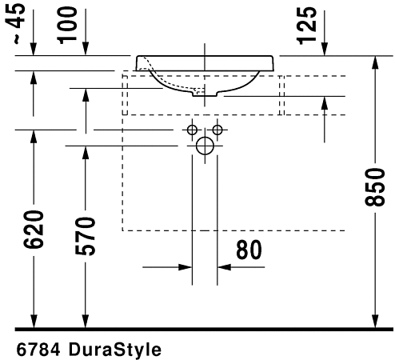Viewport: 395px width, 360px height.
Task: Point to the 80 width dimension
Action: (249, 250)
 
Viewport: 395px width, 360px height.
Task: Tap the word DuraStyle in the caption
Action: (115, 350)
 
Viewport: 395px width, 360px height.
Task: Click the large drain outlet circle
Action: (205, 146)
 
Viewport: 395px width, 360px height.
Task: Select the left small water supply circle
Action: (193, 130)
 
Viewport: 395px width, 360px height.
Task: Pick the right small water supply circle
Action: (217, 130)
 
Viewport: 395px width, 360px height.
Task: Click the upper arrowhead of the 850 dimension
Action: (375, 63)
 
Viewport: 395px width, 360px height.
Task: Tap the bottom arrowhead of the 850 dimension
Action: (375, 322)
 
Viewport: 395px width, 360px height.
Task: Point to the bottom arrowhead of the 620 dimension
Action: (34, 322)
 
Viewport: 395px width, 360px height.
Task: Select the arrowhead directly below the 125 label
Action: (325, 50)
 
